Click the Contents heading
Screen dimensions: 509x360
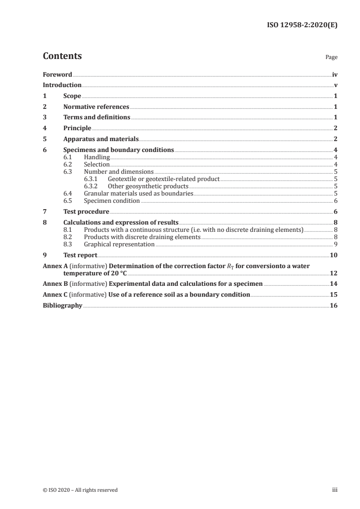62,56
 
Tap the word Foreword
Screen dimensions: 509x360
58,74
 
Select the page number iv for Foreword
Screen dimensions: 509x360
335,74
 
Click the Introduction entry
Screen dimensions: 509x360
62,85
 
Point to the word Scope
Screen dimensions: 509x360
72,96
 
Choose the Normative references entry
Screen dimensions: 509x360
96,107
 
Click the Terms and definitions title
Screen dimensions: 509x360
97,117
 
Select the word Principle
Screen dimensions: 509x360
77,128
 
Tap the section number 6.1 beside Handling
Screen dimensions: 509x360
68,157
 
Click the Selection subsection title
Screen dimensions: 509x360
97,164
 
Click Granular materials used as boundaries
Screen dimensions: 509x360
139,194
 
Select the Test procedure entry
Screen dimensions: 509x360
86,211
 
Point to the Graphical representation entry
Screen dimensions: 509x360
119,245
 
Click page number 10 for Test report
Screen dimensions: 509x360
334,255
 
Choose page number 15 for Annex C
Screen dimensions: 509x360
334,295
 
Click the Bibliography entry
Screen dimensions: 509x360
62,306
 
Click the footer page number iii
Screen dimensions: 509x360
335,490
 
